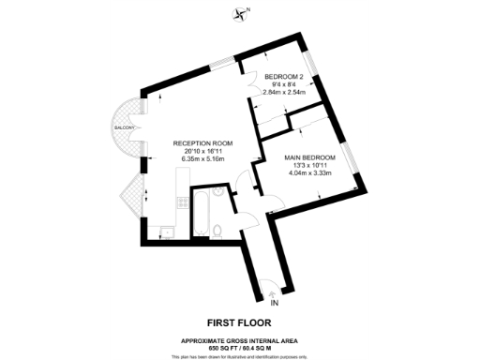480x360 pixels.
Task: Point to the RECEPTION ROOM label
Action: tap(202, 142)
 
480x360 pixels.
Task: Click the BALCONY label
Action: tap(126, 127)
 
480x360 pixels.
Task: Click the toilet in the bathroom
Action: tap(217, 230)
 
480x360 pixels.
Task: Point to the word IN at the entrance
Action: tap(275, 304)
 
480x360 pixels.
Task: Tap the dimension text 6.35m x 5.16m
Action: tap(202, 158)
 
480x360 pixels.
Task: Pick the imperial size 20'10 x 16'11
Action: tap(202, 150)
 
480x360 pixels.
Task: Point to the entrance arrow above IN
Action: tap(273, 292)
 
